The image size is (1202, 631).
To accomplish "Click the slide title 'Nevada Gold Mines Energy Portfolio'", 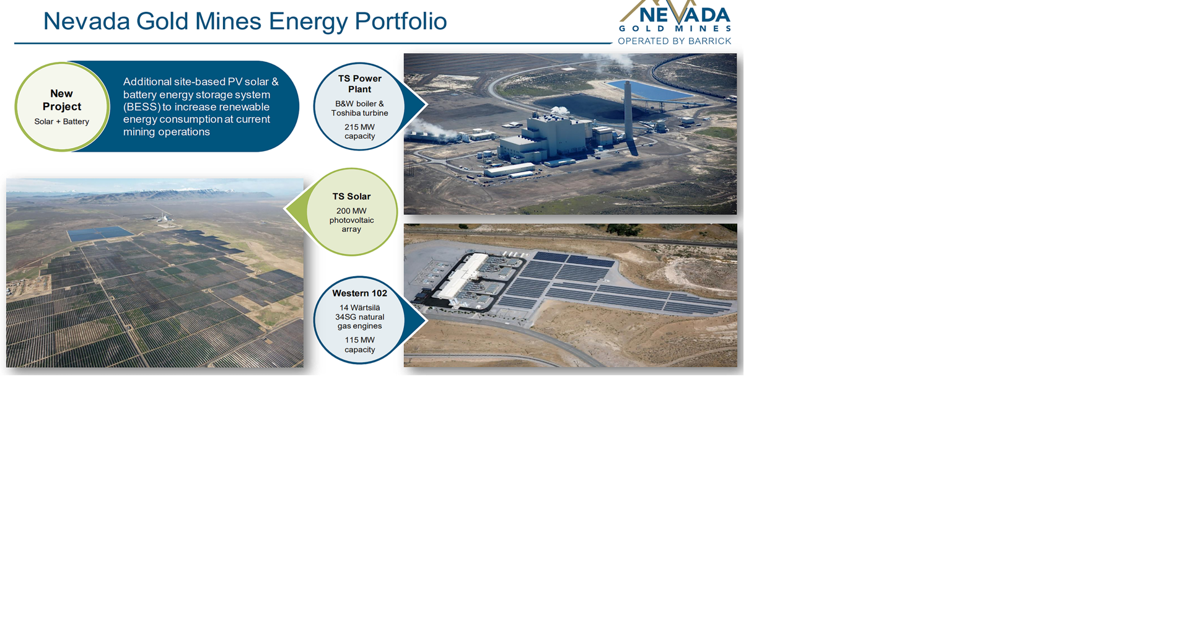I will tap(245, 22).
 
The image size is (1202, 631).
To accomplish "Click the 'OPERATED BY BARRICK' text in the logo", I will tap(674, 41).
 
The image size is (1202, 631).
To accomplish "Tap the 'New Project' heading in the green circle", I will tap(61, 100).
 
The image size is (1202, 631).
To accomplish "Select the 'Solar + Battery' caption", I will tap(61, 122).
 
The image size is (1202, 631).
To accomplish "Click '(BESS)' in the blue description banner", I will tap(141, 107).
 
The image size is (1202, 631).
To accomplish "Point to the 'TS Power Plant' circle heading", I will tap(359, 84).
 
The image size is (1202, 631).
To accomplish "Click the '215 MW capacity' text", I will tap(359, 132).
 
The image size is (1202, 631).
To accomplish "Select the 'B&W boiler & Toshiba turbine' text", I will tap(359, 108).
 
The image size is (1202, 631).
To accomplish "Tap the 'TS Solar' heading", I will tap(351, 197).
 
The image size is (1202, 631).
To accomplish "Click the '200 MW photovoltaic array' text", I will tap(351, 220).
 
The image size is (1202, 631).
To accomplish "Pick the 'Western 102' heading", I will tap(359, 294).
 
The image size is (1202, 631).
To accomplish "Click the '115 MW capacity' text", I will tap(359, 345).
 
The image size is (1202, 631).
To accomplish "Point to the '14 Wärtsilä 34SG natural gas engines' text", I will tap(359, 317).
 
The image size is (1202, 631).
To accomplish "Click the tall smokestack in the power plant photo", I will tap(628, 118).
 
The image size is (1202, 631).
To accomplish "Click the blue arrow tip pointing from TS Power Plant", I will tap(424, 105).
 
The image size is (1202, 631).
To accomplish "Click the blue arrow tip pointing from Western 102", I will tap(424, 320).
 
